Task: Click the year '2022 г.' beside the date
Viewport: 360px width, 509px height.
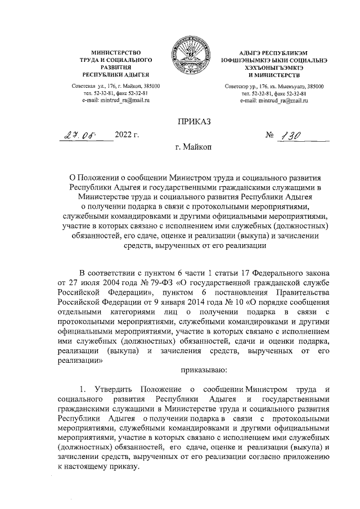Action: tap(127, 135)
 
